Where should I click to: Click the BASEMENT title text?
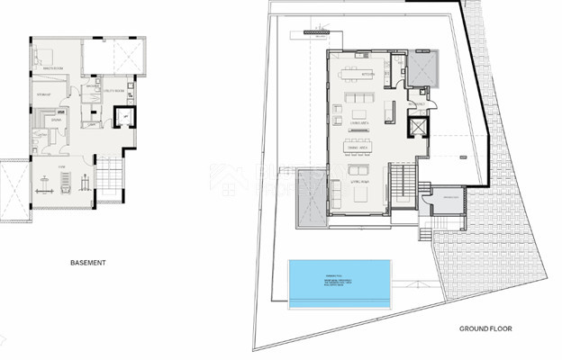pos(87,263)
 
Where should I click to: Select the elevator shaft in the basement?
pos(125,116)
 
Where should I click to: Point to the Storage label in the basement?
pos(42,93)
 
